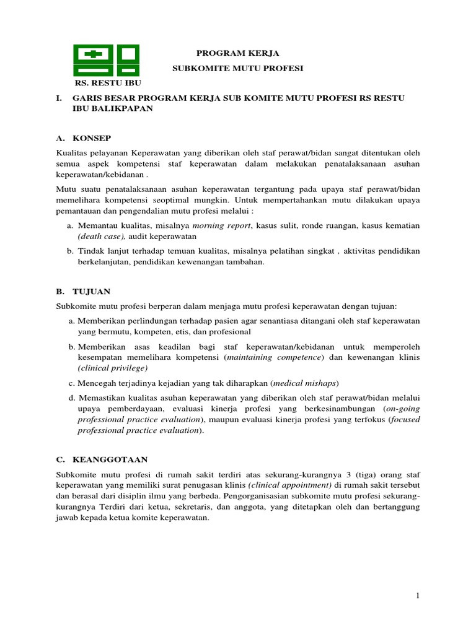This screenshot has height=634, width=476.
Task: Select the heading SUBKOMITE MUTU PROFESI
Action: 238,68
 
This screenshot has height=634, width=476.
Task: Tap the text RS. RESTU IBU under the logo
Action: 108,82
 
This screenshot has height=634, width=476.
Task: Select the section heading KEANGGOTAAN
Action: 110,459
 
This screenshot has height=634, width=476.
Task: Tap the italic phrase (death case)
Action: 102,236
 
